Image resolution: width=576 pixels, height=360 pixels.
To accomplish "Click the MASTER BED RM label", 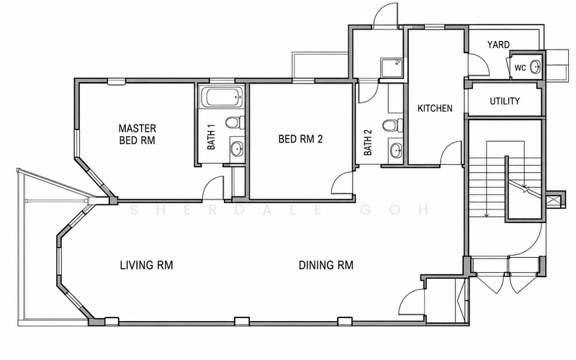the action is click(x=138, y=134).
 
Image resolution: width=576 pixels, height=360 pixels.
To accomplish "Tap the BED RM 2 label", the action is click(x=300, y=139).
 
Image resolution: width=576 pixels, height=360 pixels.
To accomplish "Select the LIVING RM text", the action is click(x=147, y=265).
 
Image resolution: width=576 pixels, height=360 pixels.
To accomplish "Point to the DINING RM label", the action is click(x=326, y=265).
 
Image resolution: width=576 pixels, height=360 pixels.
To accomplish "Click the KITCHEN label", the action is click(x=435, y=109).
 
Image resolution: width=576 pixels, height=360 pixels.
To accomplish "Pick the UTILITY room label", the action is click(x=505, y=101).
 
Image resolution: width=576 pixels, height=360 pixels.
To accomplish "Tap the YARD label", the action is click(x=498, y=45).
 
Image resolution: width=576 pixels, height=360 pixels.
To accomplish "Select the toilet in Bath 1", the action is click(x=235, y=122).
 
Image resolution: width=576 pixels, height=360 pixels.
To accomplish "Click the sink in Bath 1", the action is click(x=237, y=149).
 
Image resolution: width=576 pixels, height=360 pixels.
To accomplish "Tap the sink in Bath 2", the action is click(x=396, y=150).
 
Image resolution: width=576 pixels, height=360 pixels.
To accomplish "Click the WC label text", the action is click(x=520, y=68).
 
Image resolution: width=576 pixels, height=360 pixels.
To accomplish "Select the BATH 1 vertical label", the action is click(x=211, y=137).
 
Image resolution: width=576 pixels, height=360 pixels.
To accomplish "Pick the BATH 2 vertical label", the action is click(x=368, y=142).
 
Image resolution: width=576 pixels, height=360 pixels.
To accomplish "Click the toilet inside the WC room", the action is click(x=536, y=67).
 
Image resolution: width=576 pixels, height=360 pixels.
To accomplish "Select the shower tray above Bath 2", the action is click(x=392, y=68).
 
